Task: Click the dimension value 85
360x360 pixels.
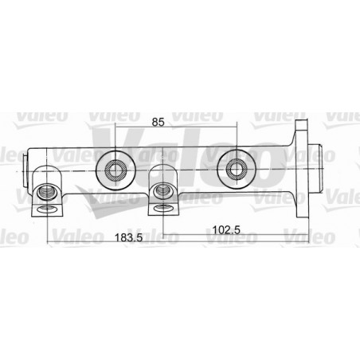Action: [x=158, y=122]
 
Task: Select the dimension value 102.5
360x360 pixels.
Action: [x=226, y=229]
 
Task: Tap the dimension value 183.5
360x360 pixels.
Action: [x=128, y=237]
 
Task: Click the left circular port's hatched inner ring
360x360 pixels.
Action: [x=115, y=170]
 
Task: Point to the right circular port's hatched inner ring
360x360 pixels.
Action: [x=237, y=170]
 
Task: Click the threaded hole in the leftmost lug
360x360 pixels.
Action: [x=46, y=192]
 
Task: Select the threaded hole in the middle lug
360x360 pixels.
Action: [x=162, y=191]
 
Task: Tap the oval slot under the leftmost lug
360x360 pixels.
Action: [x=47, y=209]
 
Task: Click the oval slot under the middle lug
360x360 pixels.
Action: [x=162, y=208]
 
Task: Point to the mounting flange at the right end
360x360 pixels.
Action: [x=301, y=169]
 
